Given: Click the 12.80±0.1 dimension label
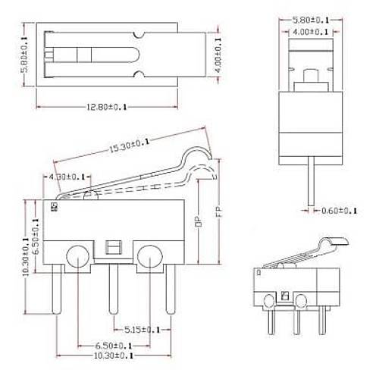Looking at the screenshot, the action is pos(107,107).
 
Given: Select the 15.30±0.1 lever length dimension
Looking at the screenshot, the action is pos(130,145).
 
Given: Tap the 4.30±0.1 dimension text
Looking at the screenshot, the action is pos(67,177).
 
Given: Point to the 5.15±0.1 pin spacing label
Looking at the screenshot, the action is pos(143,330).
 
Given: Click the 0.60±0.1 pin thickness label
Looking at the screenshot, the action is pos(339,211).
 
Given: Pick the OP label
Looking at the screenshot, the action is pos(199,221).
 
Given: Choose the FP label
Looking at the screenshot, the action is pos(219,212).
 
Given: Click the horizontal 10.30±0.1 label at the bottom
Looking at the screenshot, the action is pos(114,356).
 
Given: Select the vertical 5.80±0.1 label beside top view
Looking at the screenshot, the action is pos(24,55).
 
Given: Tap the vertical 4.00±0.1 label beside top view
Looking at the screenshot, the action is pos(218,55).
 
